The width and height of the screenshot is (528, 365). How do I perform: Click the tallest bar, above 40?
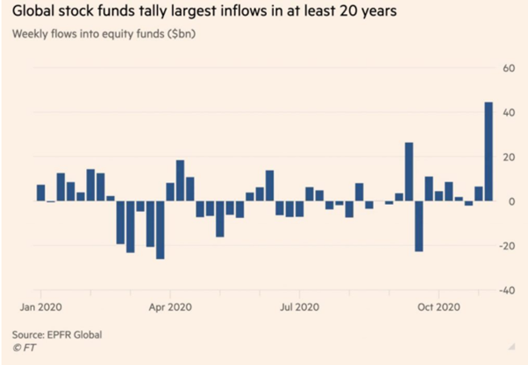[x=489, y=151]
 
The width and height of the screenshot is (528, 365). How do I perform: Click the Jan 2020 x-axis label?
[x=39, y=307]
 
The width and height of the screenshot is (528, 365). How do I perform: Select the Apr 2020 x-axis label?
[x=169, y=307]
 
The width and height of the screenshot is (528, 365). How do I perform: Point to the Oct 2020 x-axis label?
[x=438, y=307]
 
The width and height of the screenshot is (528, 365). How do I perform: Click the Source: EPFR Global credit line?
[x=56, y=333]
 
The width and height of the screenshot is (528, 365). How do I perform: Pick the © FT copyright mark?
[x=25, y=347]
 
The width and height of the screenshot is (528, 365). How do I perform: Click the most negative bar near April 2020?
[x=160, y=230]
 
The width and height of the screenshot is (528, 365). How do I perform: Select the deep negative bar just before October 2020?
[x=419, y=227]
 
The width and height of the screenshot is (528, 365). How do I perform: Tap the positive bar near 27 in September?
[x=409, y=172]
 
